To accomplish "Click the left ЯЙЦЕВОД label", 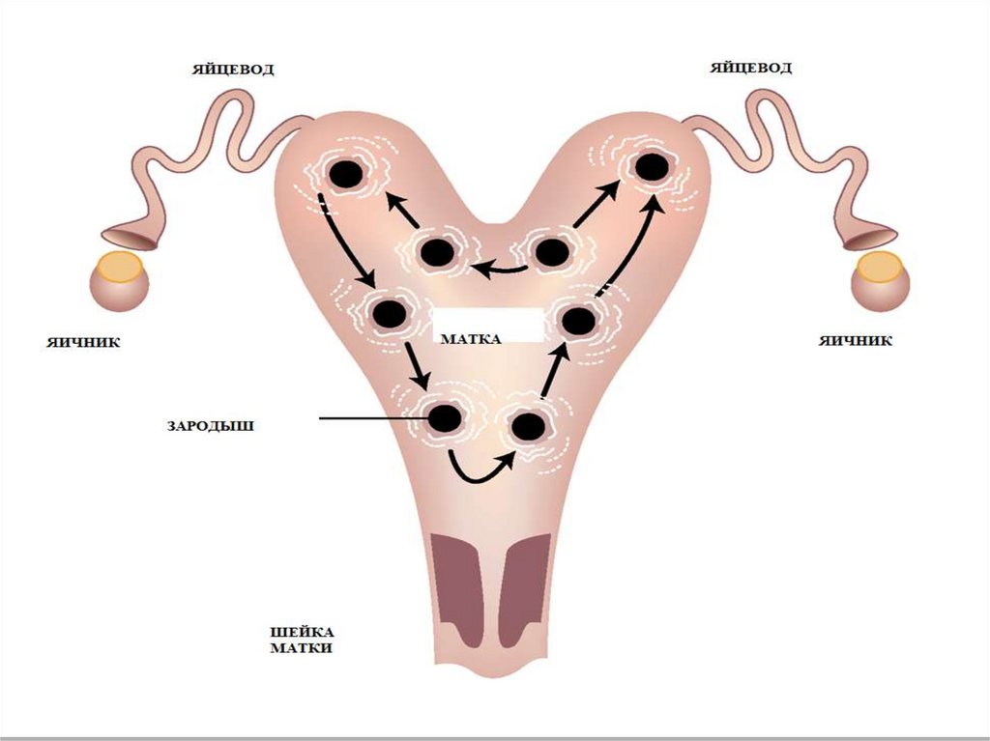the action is pyautogui.click(x=233, y=69).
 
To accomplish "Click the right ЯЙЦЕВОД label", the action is pyautogui.click(x=751, y=68).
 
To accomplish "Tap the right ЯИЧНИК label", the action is pyautogui.click(x=856, y=340).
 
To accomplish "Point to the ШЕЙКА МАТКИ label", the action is pyautogui.click(x=300, y=641).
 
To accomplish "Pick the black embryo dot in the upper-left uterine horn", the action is pyautogui.click(x=345, y=175).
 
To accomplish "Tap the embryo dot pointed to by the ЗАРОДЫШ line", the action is pyautogui.click(x=445, y=418).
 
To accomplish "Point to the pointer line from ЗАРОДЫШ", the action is pyautogui.click(x=367, y=419).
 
